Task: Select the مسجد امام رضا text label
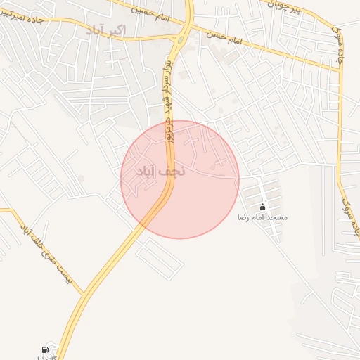[262, 218]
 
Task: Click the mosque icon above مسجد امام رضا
[262, 207]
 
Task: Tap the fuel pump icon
[46, 349]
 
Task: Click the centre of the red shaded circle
[180, 179]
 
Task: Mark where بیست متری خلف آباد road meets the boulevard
[83, 293]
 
